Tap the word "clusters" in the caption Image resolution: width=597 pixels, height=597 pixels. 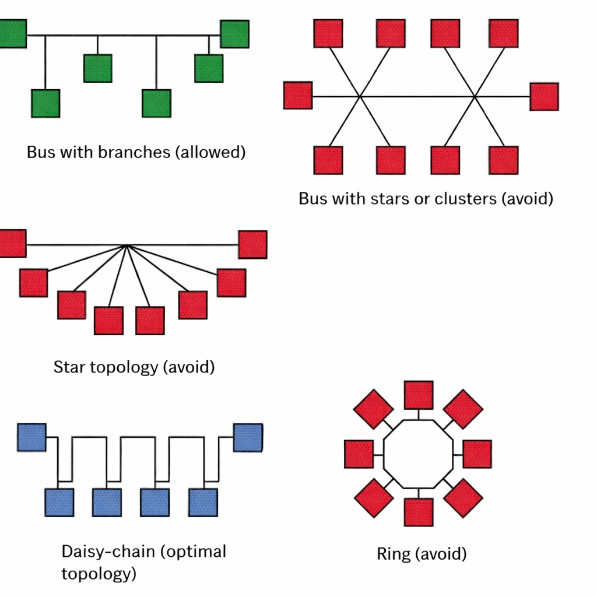[x=465, y=199]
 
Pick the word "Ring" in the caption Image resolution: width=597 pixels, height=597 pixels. [x=394, y=554]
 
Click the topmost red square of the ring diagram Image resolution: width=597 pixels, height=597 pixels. [x=419, y=395]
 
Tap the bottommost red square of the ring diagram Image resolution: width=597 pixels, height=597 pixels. [x=419, y=512]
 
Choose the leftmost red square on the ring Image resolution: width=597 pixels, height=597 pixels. [x=359, y=454]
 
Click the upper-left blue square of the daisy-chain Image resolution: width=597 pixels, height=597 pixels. [x=31, y=437]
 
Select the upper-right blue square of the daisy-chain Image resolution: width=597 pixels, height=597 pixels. [x=248, y=438]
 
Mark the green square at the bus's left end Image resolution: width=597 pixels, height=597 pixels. [x=12, y=34]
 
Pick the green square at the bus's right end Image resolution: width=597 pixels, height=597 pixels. [x=234, y=34]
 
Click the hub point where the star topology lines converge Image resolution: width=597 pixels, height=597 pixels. [x=127, y=245]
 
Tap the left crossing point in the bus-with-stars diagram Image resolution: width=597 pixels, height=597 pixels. [x=360, y=96]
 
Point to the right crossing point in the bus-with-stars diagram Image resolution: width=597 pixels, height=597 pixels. [x=475, y=96]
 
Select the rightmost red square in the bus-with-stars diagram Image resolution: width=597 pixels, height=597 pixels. [x=544, y=97]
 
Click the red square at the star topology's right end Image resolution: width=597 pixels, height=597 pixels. [x=252, y=244]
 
